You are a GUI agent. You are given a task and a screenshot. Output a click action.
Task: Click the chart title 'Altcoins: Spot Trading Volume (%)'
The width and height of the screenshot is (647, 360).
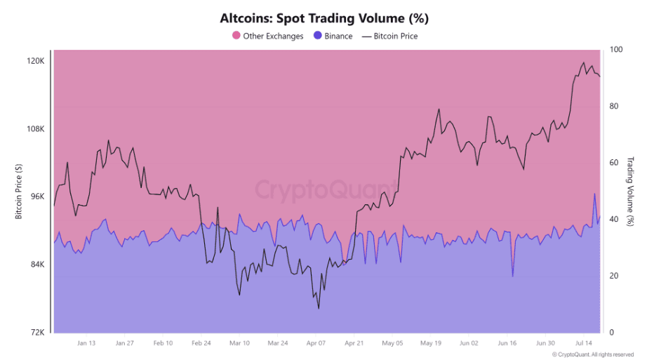pos(323,18)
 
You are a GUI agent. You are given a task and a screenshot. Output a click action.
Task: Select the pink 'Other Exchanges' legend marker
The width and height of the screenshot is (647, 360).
pos(236,36)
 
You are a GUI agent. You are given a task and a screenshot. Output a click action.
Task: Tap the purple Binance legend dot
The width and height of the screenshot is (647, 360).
pos(317,36)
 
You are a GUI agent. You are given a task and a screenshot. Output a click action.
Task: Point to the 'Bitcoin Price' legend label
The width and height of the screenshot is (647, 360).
pos(396,36)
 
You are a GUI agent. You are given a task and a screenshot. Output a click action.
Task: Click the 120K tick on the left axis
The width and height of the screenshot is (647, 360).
pos(36,61)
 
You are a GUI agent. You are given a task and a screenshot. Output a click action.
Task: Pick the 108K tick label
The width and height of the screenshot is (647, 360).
pos(36,129)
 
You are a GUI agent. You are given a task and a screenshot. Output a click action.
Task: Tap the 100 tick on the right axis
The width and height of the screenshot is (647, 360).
pos(615,50)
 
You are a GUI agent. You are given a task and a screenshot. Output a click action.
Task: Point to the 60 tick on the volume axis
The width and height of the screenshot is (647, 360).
pos(613,163)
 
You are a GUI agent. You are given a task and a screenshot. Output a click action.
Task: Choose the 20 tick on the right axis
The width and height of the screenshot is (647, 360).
pos(613,276)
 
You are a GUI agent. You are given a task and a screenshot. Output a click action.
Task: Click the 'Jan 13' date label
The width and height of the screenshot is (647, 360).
pos(87,343)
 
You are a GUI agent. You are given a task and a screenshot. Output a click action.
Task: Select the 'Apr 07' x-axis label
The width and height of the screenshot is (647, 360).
pos(316,343)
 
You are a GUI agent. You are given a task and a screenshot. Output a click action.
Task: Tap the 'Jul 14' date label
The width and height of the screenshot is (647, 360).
pos(584,343)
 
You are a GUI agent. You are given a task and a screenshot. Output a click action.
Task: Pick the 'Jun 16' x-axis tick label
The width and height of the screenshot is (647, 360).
pos(507,343)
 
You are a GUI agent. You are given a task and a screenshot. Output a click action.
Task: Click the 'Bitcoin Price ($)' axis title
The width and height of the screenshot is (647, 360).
pos(19,192)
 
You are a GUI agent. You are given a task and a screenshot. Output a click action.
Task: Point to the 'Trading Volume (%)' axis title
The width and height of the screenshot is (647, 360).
pos(631,191)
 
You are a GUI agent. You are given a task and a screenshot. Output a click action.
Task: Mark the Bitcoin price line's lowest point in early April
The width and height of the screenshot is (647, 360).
pos(319,308)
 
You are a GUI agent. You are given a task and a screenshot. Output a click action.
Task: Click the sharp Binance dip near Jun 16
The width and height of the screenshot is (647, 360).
pos(513,276)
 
